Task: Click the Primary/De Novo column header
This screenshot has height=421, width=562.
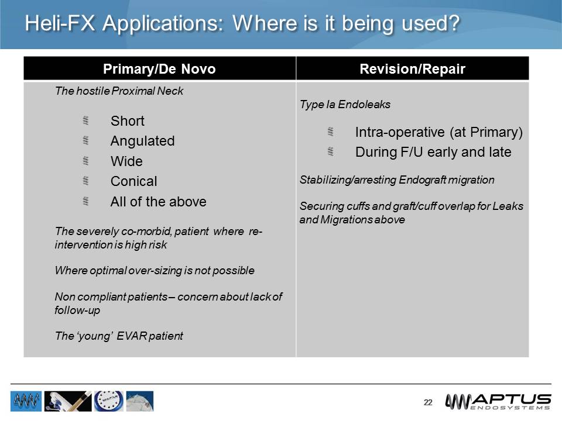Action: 159,69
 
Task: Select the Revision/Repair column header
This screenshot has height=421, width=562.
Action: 412,69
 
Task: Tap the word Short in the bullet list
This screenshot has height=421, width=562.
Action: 127,121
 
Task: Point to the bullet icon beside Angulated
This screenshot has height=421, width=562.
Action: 85,140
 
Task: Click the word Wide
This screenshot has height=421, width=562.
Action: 126,161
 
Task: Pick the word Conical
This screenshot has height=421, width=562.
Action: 133,181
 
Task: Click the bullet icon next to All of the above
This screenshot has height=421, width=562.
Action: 85,201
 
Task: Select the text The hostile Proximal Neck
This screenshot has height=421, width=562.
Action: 118,91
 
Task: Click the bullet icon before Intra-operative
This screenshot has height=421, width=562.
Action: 330,132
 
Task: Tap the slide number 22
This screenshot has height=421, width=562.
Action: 428,402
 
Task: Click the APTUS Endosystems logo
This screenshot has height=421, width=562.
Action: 498,401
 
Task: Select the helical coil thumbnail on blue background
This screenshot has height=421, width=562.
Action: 26,401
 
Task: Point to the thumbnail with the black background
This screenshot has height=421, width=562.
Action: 67,401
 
